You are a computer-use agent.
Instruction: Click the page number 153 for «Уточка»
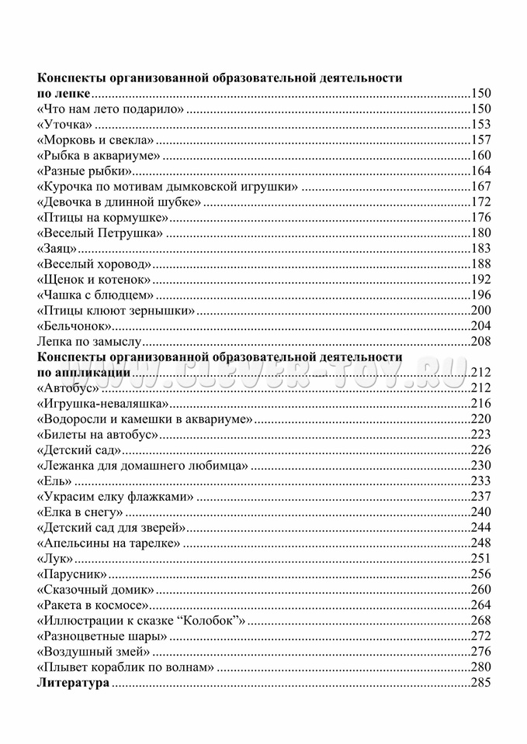coord(481,124)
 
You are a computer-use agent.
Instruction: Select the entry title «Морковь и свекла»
coord(95,139)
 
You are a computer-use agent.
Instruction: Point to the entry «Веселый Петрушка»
coord(100,232)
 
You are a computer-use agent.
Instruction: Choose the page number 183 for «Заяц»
coord(481,248)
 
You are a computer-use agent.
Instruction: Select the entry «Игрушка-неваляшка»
coord(102,403)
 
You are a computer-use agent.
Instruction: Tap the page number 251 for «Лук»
coord(481,559)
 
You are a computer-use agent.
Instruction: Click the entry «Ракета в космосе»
coord(92,605)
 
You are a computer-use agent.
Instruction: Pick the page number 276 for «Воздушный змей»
coord(481,652)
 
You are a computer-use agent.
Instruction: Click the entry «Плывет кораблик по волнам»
coord(125,667)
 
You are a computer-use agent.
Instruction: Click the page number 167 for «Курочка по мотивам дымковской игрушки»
coord(481,186)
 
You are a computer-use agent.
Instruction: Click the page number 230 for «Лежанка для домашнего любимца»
coord(481,466)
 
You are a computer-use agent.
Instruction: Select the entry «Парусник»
coord(71,574)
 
